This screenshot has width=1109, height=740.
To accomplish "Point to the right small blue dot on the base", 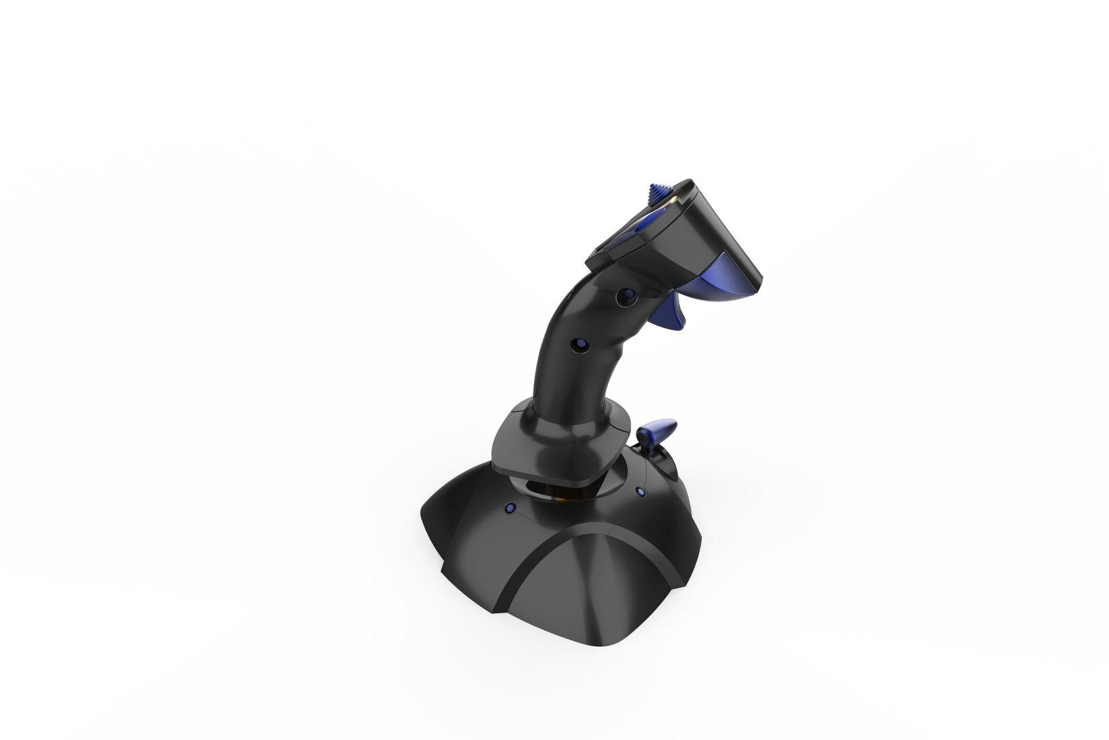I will tap(641, 491).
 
